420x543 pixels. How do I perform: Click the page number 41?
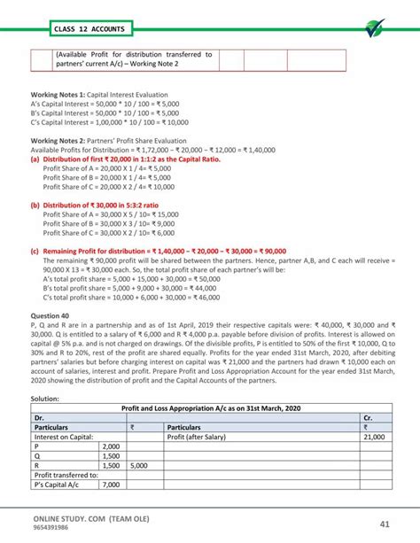coord(382,524)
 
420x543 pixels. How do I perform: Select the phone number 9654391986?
coord(54,529)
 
